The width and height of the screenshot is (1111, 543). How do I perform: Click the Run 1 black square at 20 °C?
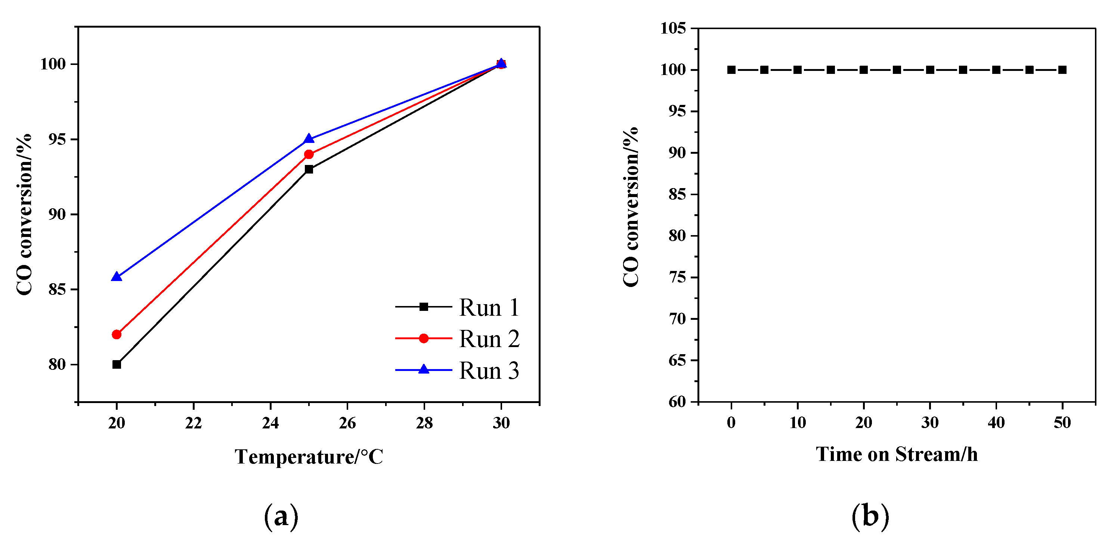coord(117,365)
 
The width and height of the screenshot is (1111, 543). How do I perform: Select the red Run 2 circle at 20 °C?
coord(117,334)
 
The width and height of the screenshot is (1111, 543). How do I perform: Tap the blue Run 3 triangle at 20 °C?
coord(117,277)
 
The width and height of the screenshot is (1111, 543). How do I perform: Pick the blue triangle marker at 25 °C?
coord(309,139)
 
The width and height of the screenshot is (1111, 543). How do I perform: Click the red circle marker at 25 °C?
coord(309,154)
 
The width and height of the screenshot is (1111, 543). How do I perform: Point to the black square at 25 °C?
coord(309,169)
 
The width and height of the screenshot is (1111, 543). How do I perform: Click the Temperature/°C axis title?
coord(309,457)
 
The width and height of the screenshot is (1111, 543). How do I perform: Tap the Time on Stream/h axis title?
coord(897,455)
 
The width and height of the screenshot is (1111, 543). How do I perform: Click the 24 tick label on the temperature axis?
coord(270,424)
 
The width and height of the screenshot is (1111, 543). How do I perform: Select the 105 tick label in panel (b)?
coord(673,29)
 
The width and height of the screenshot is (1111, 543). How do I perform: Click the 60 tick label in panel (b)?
coord(677,402)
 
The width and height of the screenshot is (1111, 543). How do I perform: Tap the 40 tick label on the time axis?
coord(996,423)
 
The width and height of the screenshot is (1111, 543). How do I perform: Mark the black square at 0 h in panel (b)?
coord(731,70)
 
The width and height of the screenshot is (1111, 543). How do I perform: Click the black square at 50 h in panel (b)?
coord(1062,70)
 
